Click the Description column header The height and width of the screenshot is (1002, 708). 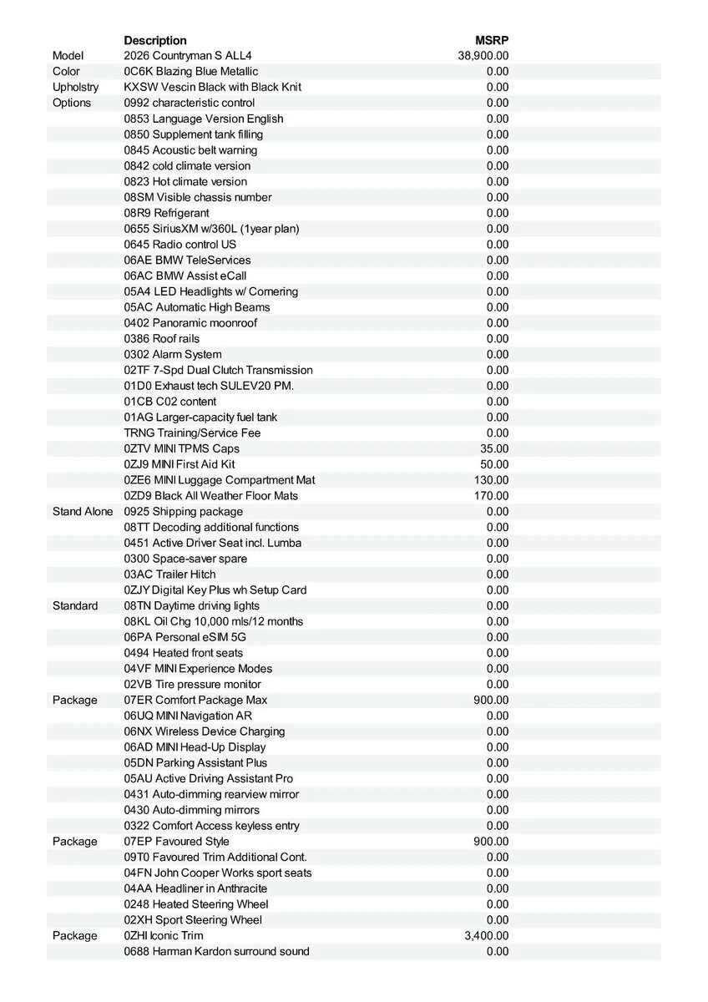155,40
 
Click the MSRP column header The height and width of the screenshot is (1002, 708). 492,40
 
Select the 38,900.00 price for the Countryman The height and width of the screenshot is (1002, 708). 483,56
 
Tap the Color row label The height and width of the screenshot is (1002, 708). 67,72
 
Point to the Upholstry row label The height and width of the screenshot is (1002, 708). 76,87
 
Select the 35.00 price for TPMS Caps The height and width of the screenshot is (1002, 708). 494,448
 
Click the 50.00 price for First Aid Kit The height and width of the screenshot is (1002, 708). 494,464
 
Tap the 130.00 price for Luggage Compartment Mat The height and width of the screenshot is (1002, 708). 491,480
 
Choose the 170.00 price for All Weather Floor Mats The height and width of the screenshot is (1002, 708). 491,496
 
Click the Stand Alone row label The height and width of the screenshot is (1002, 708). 83,511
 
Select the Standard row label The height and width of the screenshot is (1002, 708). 75,605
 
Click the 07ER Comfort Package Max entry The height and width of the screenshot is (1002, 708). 195,700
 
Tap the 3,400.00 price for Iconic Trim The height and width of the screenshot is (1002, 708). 486,935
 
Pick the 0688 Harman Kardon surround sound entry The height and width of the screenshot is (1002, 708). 216,951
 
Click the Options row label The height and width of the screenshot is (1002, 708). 72,103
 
